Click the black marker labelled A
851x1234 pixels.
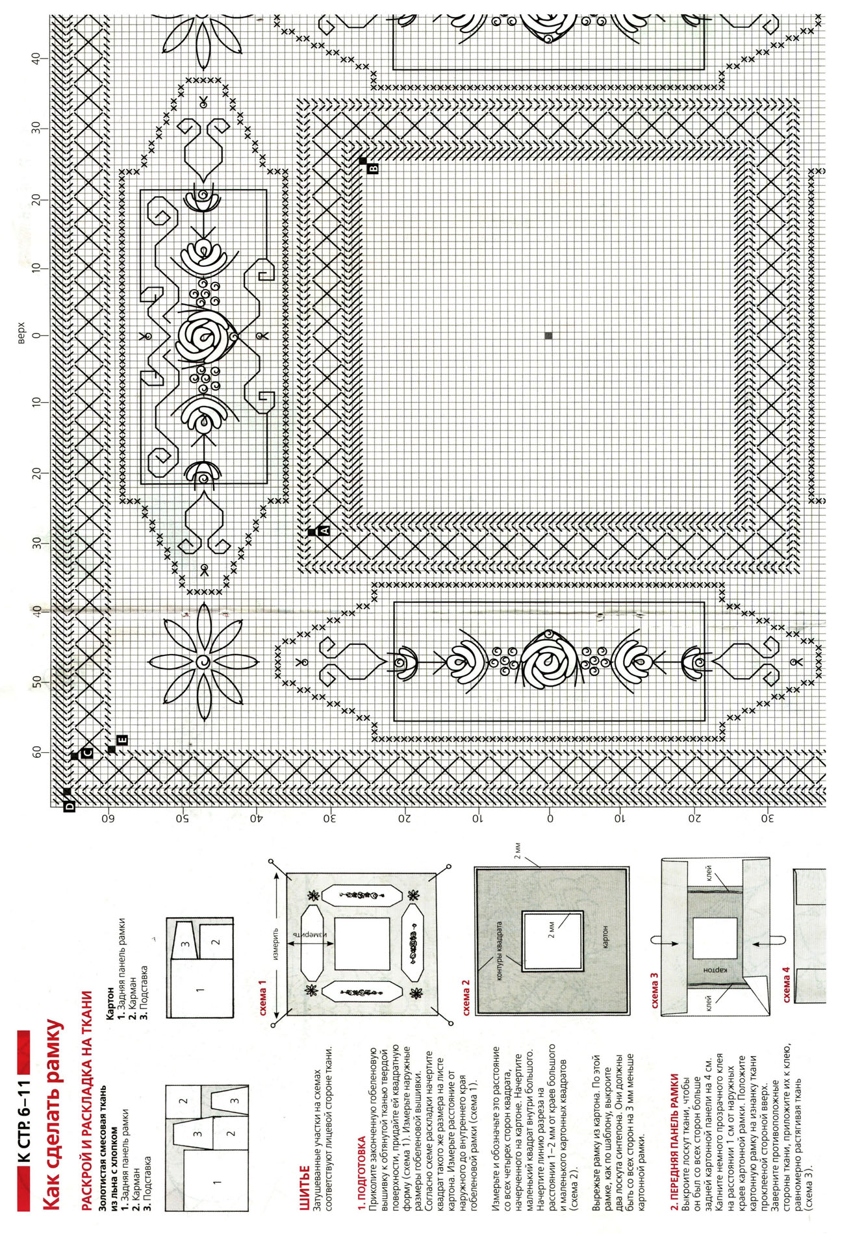tap(319, 531)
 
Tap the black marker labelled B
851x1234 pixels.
tap(368, 165)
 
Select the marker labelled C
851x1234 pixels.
tap(82, 754)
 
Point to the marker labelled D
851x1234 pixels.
tap(68, 799)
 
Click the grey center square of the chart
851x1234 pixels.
tap(549, 336)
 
